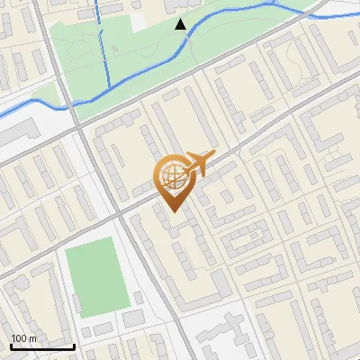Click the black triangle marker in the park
coord(181,23)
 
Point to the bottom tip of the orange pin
coord(173,211)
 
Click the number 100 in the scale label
coord(20,338)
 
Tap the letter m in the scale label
coord(33,338)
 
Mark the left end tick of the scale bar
coord(11,346)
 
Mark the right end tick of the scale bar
coord(74,346)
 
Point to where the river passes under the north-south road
coord(68,105)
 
